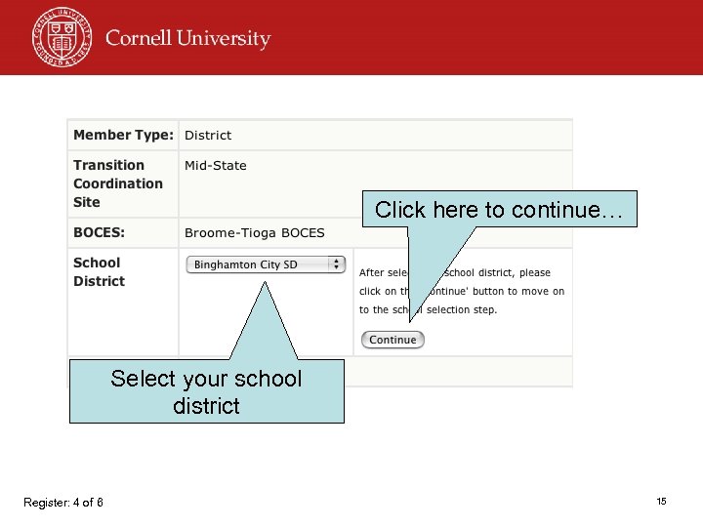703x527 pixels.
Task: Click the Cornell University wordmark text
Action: [x=187, y=39]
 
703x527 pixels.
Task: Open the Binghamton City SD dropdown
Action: [x=266, y=264]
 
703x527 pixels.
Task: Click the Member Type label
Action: [x=123, y=135]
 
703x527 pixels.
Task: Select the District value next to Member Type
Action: [x=208, y=136]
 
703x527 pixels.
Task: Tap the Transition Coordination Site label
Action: [x=117, y=183]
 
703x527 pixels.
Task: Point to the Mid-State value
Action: [x=216, y=166]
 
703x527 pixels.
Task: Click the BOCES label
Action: [x=99, y=233]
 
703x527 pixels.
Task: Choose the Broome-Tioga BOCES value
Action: [x=254, y=233]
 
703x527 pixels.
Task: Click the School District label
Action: [x=99, y=271]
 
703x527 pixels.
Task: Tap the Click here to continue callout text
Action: [x=499, y=210]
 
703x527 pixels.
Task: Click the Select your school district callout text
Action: [x=206, y=391]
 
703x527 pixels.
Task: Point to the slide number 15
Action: [x=661, y=501]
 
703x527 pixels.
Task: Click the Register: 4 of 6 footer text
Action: [x=63, y=503]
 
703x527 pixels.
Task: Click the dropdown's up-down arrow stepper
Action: [x=337, y=264]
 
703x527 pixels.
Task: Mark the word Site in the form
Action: [x=87, y=202]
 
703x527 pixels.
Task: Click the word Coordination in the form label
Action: [x=117, y=183]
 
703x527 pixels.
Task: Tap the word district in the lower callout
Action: [x=206, y=405]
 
